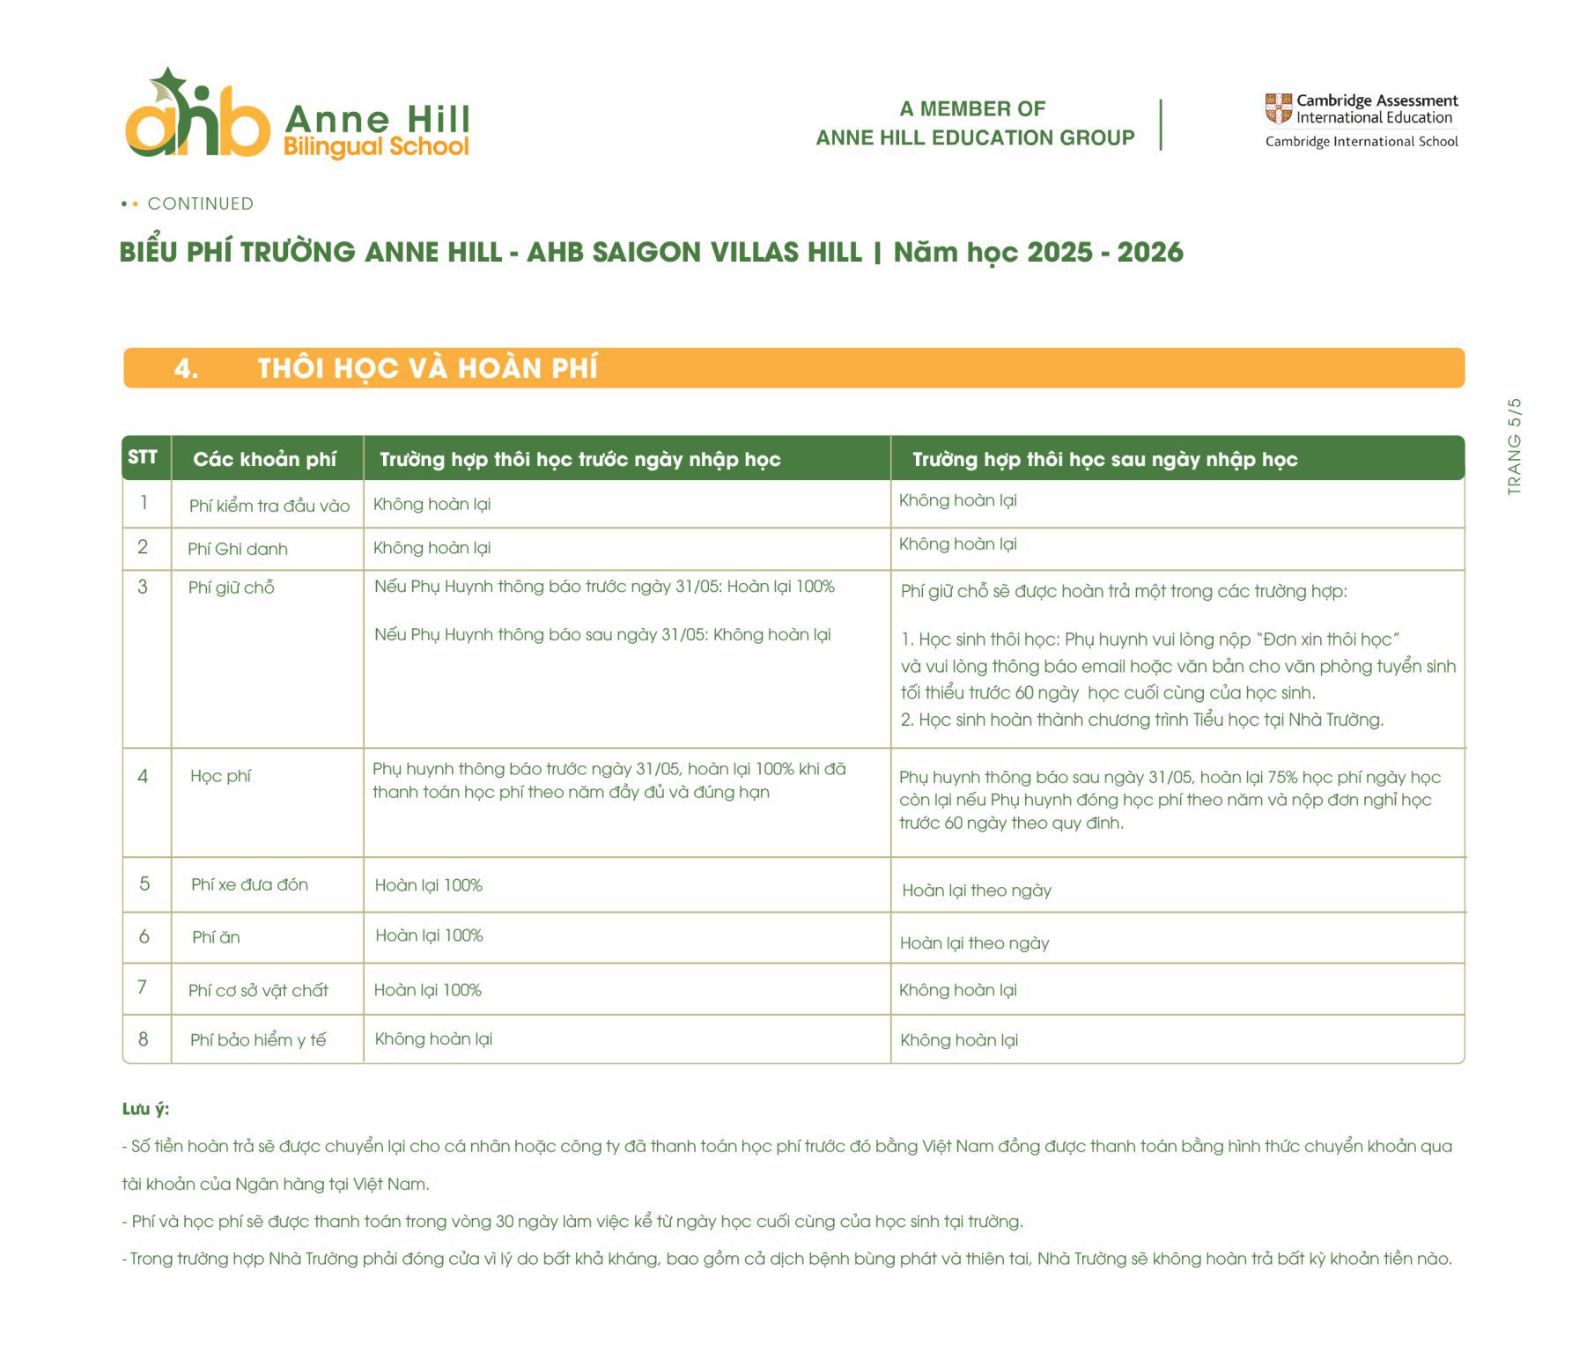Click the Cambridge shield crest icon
1278,108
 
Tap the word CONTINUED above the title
200,203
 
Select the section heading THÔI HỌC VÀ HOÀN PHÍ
427,368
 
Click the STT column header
143,457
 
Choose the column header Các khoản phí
264,459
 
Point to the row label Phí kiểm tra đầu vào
269,506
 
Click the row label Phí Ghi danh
238,549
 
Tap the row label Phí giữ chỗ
232,588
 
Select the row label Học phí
220,776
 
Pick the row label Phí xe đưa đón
249,884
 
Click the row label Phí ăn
216,937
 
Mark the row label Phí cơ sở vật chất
258,990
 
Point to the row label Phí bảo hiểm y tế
258,1039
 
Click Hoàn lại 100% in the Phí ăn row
429,935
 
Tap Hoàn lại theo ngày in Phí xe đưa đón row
977,891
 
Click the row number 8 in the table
144,1039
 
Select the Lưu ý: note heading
145,1109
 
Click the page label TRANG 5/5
1514,446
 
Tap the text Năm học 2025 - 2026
1038,253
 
